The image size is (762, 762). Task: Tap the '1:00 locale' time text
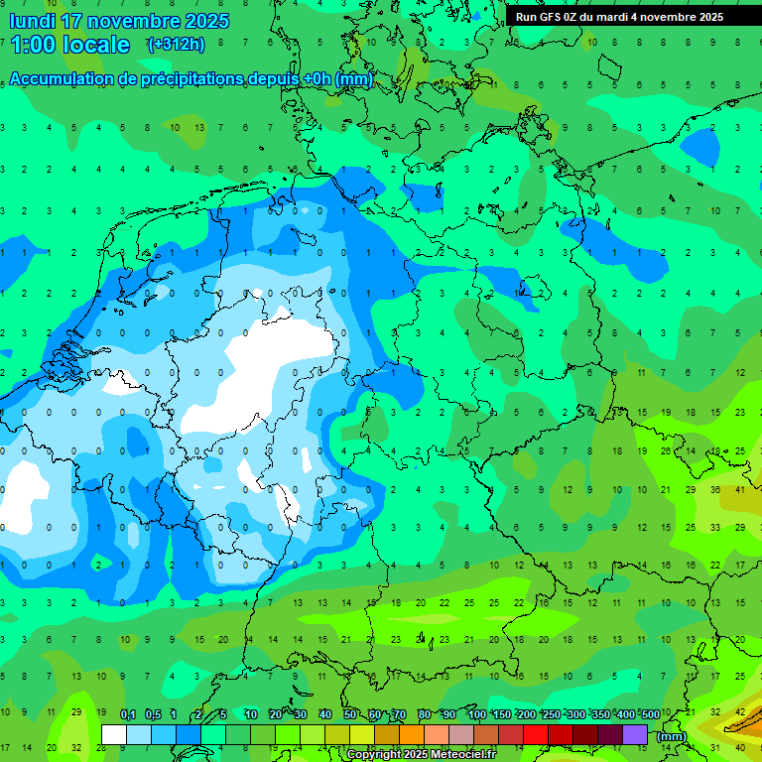click(69, 45)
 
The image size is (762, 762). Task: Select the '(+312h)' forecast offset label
click(176, 44)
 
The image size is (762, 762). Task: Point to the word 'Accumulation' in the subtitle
click(69, 79)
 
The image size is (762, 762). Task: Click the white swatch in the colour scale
click(114, 734)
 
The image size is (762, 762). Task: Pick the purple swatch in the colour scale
click(635, 734)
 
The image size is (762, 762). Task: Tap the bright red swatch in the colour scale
click(536, 734)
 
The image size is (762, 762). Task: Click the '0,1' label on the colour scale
click(128, 715)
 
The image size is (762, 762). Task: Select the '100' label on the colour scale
click(476, 715)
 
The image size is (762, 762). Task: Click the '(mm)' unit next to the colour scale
click(672, 736)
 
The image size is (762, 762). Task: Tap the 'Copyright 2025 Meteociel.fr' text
click(421, 754)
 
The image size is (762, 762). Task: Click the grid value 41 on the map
click(740, 490)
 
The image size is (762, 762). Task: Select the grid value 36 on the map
click(715, 490)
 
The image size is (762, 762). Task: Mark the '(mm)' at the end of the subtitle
click(354, 79)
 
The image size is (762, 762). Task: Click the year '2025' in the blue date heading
click(207, 21)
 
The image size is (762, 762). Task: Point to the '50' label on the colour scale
click(350, 715)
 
